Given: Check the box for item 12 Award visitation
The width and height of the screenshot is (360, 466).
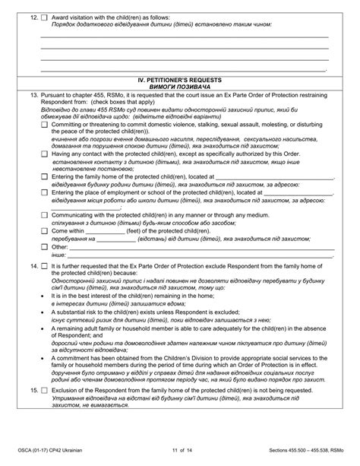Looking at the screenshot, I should pos(44,16).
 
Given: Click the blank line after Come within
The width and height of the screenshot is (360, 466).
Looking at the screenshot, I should pos(100,231).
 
